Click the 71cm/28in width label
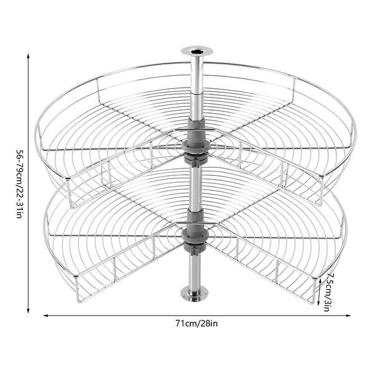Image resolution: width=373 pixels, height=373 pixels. click(196, 324)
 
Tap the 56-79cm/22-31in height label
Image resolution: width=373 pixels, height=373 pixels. click(19, 183)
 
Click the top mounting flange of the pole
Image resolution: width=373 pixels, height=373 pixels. click(197, 51)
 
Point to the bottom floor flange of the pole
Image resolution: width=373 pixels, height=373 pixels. click(194, 295)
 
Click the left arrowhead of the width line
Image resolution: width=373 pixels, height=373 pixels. click(45, 316)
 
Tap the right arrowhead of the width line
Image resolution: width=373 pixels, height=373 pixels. click(348, 316)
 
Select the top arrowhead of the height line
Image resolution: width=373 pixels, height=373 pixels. click(28, 56)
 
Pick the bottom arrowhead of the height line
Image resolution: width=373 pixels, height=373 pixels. click(28, 310)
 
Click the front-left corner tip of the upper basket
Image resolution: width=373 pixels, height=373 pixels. click(67, 178)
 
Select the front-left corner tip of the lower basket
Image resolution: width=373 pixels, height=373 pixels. click(76, 276)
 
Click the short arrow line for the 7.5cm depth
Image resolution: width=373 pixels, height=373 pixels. click(320, 292)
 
